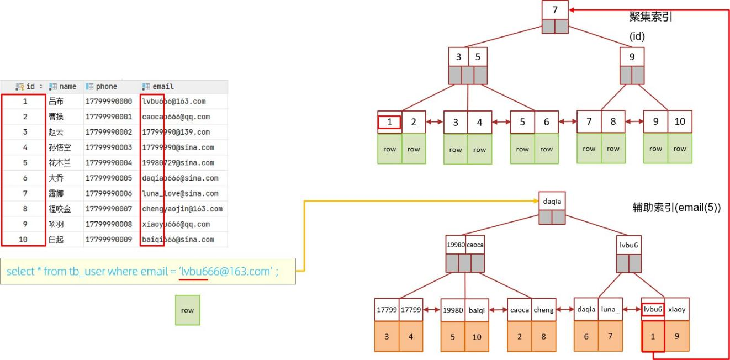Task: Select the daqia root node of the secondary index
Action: [x=552, y=202]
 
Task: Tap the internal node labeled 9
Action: [x=632, y=57]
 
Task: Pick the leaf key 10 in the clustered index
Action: [x=680, y=122]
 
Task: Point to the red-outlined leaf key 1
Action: [x=390, y=122]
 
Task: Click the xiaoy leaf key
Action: [x=676, y=310]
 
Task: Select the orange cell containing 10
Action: [x=477, y=337]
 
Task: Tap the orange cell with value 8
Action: [x=543, y=337]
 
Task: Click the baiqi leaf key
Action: [x=477, y=310]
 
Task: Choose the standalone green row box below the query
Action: [x=188, y=310]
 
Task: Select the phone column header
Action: [x=105, y=87]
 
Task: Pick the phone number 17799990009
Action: [x=109, y=240]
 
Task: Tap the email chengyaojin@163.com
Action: [x=182, y=209]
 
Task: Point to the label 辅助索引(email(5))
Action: [x=676, y=208]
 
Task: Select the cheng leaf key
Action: [x=543, y=310]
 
